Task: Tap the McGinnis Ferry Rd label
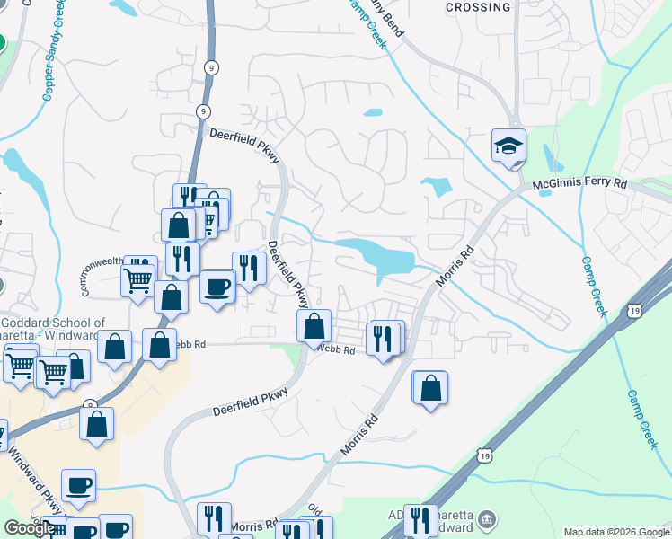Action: (x=579, y=183)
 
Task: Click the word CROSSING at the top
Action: (x=478, y=7)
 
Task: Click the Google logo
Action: (x=29, y=527)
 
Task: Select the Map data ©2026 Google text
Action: (x=616, y=532)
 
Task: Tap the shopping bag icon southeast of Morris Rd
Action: (x=431, y=388)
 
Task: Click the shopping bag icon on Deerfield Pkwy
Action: (x=314, y=327)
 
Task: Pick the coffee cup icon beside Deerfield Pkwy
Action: (x=217, y=287)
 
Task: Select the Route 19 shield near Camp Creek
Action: (x=635, y=310)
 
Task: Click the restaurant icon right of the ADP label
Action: (x=420, y=519)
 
